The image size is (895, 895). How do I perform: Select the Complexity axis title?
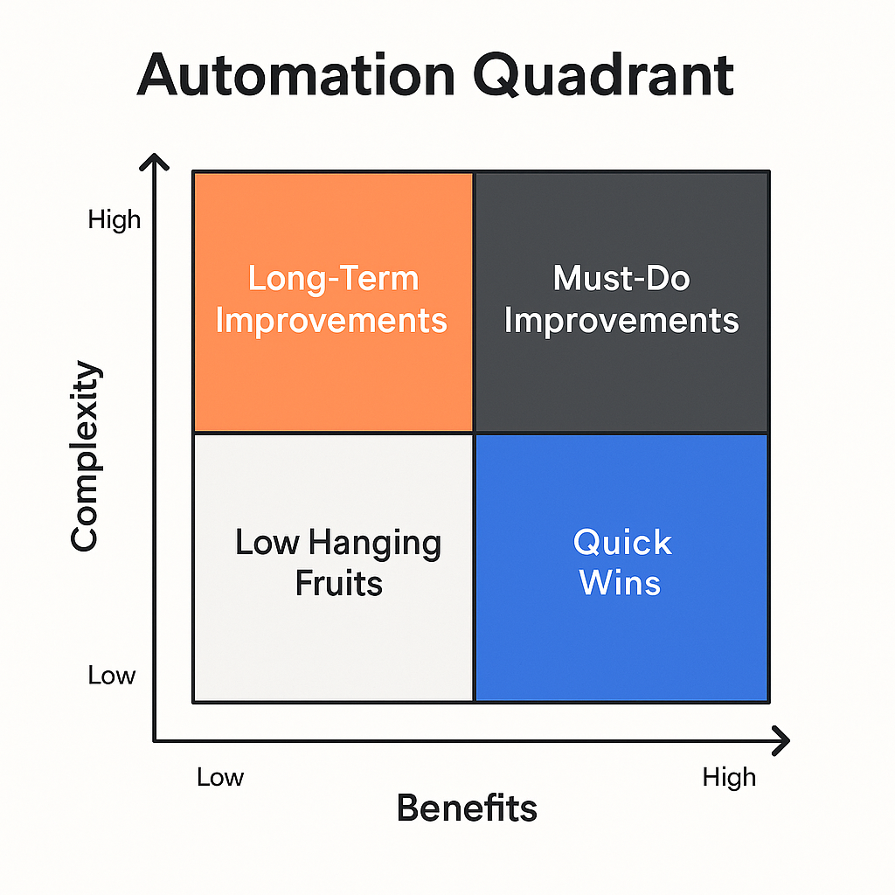(x=85, y=455)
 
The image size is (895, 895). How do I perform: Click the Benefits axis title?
(x=467, y=808)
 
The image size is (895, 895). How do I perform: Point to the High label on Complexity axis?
(x=114, y=219)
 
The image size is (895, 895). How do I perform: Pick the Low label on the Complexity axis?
(x=112, y=675)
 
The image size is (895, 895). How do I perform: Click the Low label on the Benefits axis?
(x=219, y=777)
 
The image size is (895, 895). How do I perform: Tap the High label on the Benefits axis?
(x=729, y=777)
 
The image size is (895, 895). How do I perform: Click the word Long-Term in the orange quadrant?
(x=333, y=279)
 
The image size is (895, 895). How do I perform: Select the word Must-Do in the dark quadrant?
(x=621, y=279)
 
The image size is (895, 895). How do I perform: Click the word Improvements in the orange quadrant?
(x=331, y=320)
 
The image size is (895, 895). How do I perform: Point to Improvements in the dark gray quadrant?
(x=621, y=320)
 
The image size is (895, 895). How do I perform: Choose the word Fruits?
(x=339, y=583)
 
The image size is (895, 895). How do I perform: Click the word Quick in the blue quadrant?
(x=622, y=543)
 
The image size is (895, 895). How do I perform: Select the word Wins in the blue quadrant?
(x=621, y=582)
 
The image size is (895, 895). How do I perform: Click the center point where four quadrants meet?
(x=474, y=433)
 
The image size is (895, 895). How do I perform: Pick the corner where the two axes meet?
(x=156, y=741)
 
